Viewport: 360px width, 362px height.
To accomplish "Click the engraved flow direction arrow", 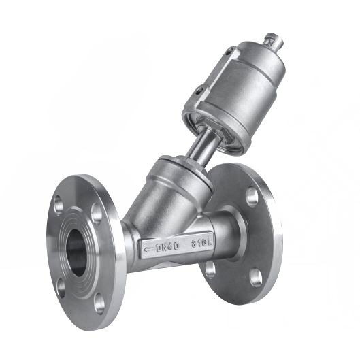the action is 150,249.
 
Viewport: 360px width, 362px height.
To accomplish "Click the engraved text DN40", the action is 168,247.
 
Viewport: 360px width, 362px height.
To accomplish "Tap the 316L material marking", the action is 201,243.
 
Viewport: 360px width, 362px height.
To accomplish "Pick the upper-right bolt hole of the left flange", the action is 96,214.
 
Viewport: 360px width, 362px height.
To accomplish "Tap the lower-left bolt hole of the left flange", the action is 61,289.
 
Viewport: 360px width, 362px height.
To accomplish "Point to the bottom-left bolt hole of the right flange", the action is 210,270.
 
